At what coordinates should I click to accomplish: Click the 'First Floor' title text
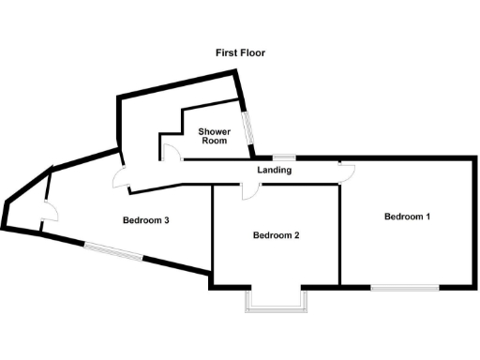click(239, 53)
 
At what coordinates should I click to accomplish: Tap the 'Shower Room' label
click(215, 137)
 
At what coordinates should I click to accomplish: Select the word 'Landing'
click(274, 171)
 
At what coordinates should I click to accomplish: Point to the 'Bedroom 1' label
click(407, 217)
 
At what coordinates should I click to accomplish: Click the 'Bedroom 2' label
click(276, 235)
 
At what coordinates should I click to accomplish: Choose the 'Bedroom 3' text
click(145, 221)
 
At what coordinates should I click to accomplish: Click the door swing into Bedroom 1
click(348, 169)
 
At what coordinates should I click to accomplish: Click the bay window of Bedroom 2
click(276, 302)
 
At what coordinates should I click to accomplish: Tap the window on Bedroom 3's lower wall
click(113, 251)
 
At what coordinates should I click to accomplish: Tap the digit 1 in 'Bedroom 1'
click(427, 217)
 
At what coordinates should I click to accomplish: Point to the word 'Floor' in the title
click(252, 53)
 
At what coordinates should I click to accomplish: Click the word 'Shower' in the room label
click(215, 131)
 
